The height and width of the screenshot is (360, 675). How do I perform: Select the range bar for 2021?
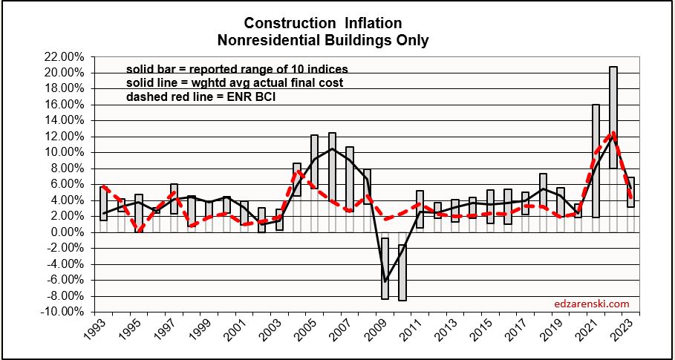click(x=596, y=160)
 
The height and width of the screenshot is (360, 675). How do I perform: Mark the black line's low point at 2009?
click(x=385, y=281)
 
